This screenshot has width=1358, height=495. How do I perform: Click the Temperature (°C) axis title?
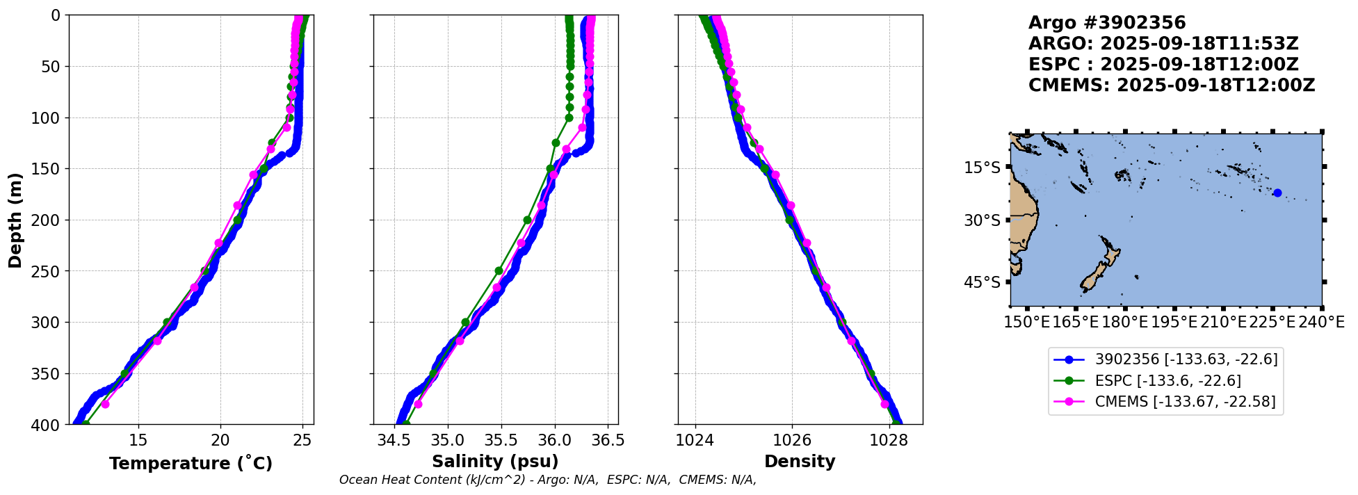coord(191,464)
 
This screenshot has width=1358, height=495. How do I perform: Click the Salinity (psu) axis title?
coord(495,462)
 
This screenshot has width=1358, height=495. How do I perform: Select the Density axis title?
coord(800,462)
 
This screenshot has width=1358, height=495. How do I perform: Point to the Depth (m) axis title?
coord(15,220)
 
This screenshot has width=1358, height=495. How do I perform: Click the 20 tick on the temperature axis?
coord(220,440)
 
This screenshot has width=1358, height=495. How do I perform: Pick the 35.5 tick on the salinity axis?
coord(501,440)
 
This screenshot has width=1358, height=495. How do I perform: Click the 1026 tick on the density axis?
coord(792,440)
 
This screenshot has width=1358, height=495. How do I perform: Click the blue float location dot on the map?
coord(1277,193)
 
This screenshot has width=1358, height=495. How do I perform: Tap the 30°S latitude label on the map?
coord(982,220)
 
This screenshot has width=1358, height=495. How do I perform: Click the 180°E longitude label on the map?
coord(1124,322)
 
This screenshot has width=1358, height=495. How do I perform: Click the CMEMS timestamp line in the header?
coord(1172,86)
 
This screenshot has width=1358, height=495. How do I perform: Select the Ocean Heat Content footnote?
coord(547,480)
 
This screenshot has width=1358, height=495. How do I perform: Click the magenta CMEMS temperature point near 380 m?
coord(105,404)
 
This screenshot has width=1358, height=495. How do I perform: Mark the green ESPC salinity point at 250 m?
coord(499,270)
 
